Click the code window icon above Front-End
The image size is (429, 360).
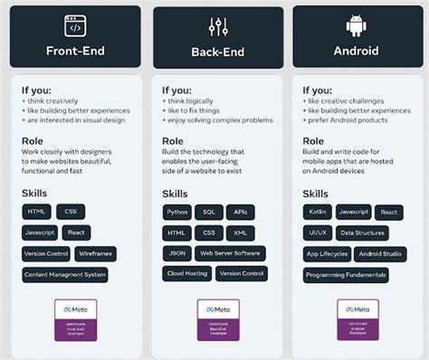tap(75, 25)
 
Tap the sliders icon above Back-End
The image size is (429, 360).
tap(218, 26)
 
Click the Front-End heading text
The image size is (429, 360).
tap(75, 51)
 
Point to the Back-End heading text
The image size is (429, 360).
tap(218, 52)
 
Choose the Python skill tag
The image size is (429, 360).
tap(177, 213)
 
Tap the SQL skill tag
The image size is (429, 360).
tap(209, 213)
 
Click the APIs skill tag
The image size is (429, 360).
tap(240, 213)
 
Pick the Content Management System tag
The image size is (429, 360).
tap(65, 274)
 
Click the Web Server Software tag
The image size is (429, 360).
tap(230, 253)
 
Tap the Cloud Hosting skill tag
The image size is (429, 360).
tap(186, 273)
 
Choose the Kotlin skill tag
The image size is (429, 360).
tap(318, 212)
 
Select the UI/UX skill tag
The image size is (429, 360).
tap(318, 232)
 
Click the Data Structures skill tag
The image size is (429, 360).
tap(362, 232)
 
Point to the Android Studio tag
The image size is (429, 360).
tap(380, 254)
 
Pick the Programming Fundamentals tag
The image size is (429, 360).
tap(346, 275)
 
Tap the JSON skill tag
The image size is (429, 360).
tap(176, 253)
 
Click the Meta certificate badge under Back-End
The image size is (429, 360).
tap(218, 318)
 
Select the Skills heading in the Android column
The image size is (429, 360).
tap(316, 194)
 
